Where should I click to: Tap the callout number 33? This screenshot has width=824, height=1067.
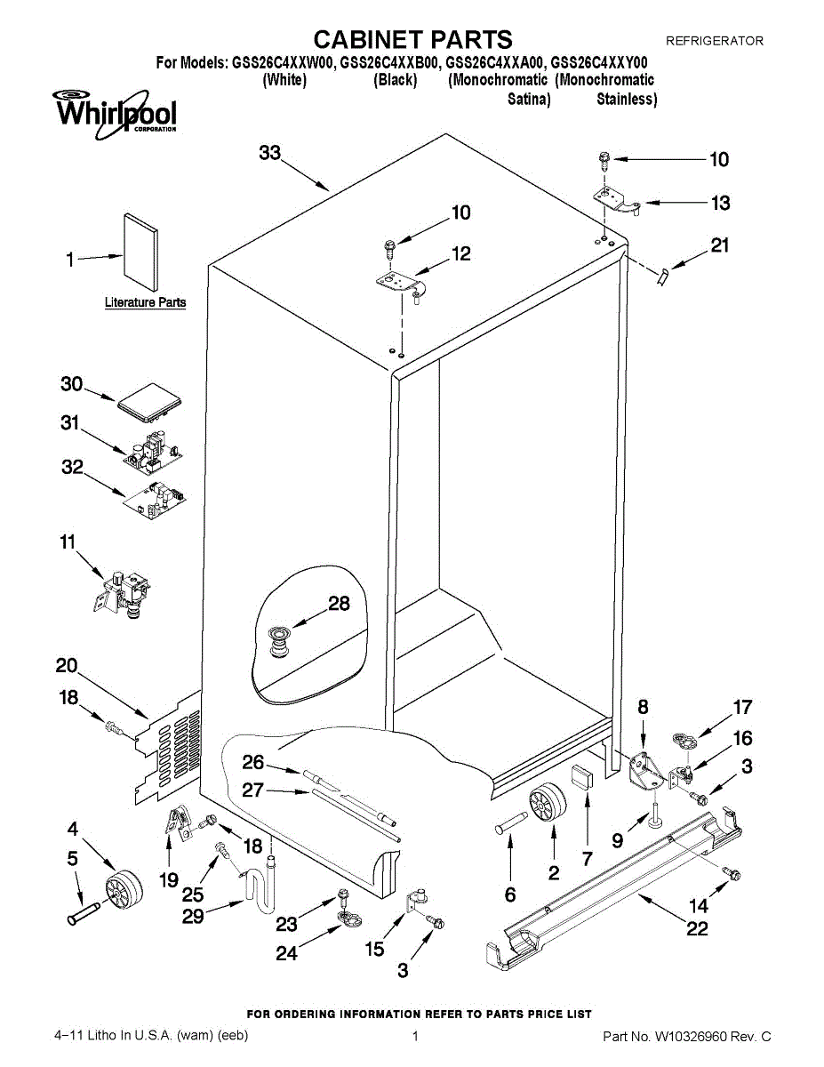click(x=269, y=153)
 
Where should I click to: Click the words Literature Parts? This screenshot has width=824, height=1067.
click(x=146, y=302)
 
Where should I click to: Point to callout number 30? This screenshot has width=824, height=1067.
click(x=71, y=384)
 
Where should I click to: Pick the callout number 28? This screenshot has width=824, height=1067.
click(x=339, y=604)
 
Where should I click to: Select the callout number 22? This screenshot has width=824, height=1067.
click(x=697, y=929)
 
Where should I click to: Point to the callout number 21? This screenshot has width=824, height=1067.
click(x=719, y=245)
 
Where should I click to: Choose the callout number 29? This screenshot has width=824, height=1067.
click(x=194, y=916)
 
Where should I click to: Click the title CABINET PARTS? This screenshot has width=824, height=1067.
click(x=413, y=39)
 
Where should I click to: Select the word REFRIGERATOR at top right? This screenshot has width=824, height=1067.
click(x=715, y=41)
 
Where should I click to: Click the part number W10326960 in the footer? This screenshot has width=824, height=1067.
click(x=698, y=1037)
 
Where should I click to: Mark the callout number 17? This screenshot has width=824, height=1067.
click(x=742, y=708)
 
